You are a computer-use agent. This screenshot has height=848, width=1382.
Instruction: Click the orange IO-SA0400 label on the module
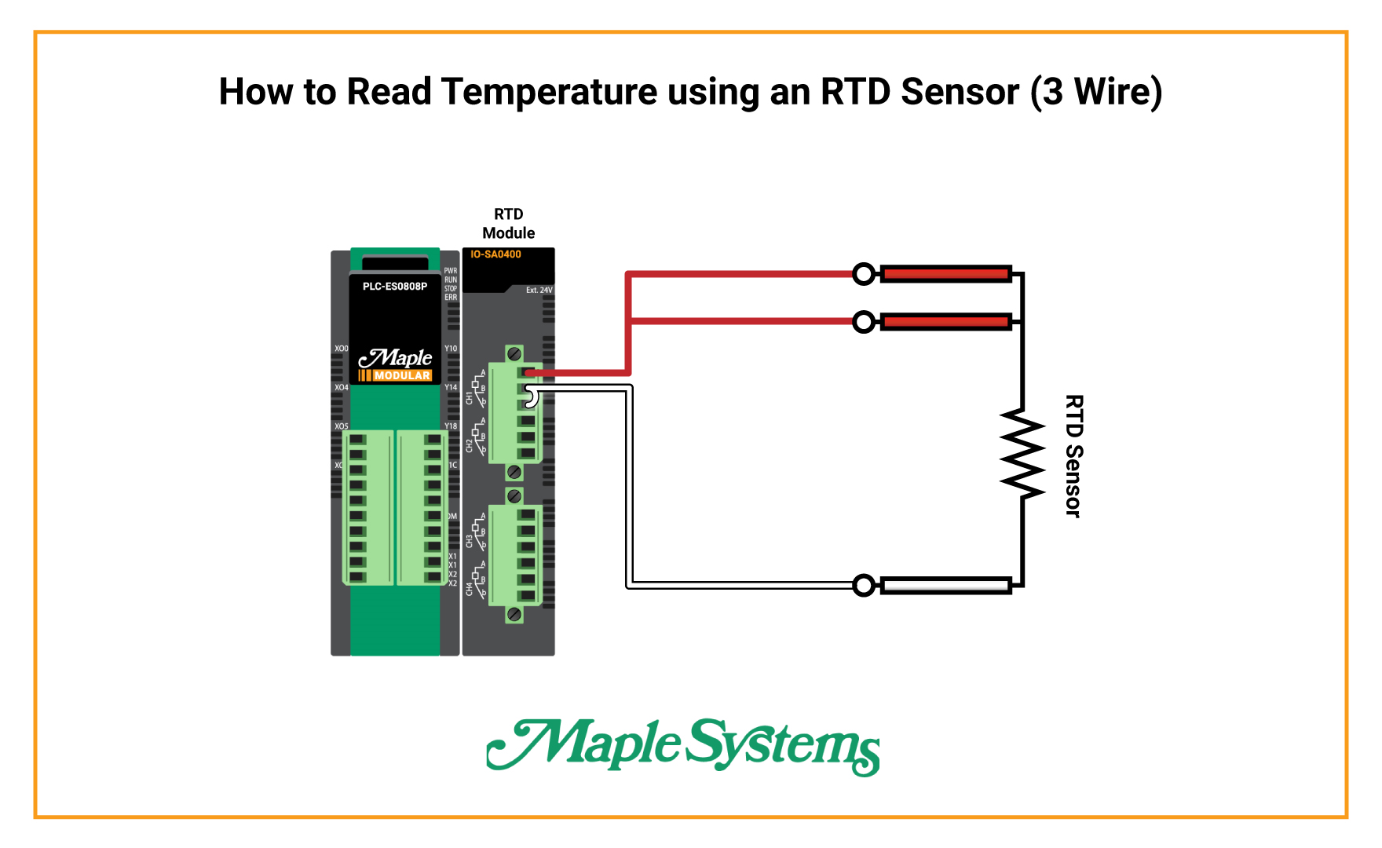pos(495,254)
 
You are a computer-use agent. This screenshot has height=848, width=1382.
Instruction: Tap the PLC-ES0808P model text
pos(395,287)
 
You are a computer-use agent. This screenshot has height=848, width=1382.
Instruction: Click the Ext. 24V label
pos(539,291)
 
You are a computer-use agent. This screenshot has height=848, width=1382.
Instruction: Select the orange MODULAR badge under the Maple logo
pos(396,375)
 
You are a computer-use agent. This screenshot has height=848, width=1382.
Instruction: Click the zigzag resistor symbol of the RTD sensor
pos(1022,453)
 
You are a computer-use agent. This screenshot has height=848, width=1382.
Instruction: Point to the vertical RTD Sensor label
pos(1073,455)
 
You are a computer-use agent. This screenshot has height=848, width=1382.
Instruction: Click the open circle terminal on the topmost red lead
pos(864,274)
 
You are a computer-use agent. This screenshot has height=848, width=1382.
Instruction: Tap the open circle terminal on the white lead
pos(864,585)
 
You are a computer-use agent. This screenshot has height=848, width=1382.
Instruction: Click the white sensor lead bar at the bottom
pos(945,585)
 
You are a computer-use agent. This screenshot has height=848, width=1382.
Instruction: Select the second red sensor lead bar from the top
pos(945,321)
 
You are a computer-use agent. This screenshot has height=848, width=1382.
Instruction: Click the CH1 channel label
pos(470,398)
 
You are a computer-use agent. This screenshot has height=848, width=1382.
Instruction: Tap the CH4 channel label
pos(470,589)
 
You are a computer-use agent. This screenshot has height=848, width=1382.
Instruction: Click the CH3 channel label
pos(470,541)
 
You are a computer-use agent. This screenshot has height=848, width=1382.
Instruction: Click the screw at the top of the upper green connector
pos(514,353)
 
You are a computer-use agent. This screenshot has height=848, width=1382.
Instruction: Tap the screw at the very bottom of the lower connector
pos(514,614)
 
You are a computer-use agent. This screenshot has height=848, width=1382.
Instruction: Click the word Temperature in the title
pos(549,92)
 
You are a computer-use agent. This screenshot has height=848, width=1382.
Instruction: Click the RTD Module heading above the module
pos(508,224)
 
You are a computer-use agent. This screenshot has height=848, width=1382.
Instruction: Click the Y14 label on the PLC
pos(451,387)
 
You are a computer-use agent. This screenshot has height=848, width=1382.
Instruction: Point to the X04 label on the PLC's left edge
pos(341,387)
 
